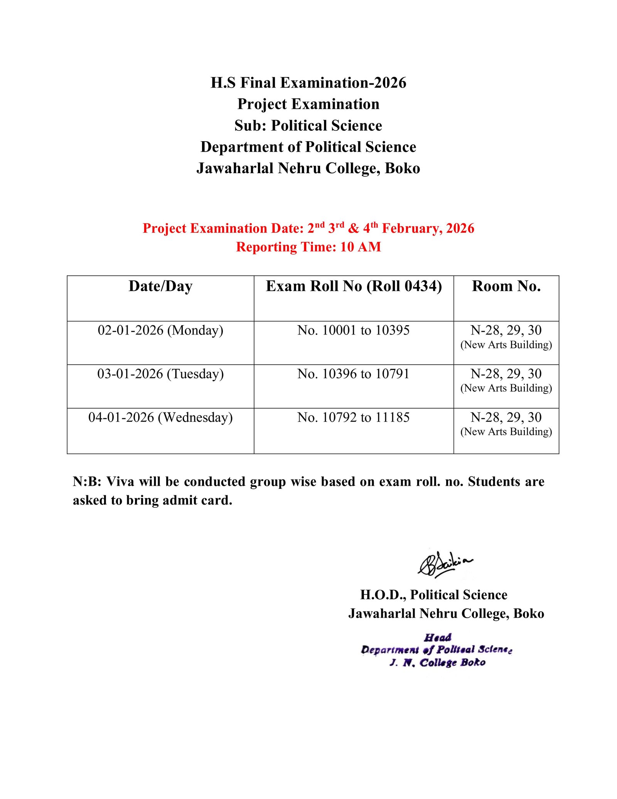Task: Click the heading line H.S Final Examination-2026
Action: point(308,83)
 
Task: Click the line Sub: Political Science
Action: point(308,126)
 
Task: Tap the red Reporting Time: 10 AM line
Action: point(308,247)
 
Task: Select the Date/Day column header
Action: point(160,286)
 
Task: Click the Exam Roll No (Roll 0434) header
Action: point(354,286)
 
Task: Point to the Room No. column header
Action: point(506,286)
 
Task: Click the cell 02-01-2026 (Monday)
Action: point(160,330)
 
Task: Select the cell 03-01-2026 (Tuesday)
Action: point(160,374)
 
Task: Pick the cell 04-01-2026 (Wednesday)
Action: point(160,417)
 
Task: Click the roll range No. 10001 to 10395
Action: point(353,330)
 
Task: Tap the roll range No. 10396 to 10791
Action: point(353,374)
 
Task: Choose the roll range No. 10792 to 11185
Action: point(353,417)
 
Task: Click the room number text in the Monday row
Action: point(506,330)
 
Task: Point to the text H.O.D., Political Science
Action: point(433,595)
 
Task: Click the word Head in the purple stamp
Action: point(438,637)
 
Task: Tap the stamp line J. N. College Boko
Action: point(437,662)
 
